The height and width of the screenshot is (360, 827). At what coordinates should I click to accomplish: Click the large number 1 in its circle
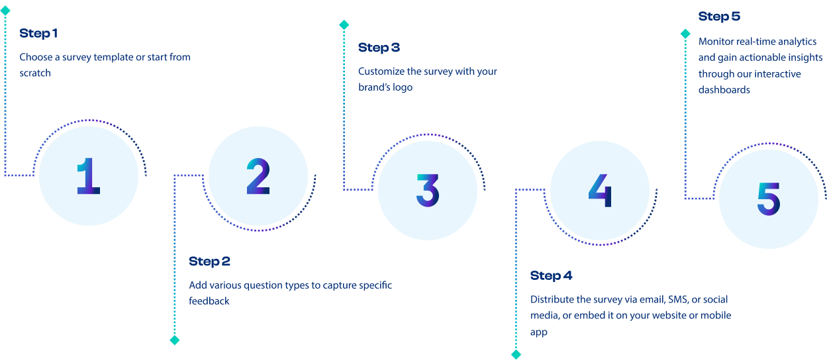click(89, 176)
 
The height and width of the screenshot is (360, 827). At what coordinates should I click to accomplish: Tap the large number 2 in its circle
click(258, 176)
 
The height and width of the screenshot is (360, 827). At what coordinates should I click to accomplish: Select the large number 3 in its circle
click(428, 190)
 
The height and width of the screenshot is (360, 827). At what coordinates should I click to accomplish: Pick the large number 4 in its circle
click(600, 190)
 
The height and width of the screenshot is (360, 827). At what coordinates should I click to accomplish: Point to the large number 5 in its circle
click(769, 199)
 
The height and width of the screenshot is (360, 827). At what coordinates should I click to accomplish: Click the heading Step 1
click(38, 34)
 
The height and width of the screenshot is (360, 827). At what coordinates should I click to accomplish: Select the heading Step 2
click(209, 262)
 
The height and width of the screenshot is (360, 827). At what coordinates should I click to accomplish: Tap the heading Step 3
click(379, 48)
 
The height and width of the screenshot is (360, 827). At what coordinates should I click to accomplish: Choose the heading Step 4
click(551, 276)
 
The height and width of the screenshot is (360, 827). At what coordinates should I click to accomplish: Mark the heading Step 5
click(719, 17)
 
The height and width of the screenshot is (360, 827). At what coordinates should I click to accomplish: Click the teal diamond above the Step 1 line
click(5, 11)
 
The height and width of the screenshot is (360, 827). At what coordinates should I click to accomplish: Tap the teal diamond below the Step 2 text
click(175, 340)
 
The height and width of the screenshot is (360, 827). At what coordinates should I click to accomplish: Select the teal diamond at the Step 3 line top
click(344, 25)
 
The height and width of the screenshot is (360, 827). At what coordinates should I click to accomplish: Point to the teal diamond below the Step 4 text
click(516, 354)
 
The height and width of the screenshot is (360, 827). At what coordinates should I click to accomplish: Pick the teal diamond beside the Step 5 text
click(685, 33)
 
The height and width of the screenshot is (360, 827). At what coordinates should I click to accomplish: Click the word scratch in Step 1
click(35, 73)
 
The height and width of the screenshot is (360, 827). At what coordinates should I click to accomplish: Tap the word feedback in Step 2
click(209, 301)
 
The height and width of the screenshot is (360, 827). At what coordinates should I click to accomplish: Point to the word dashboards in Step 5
click(724, 89)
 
